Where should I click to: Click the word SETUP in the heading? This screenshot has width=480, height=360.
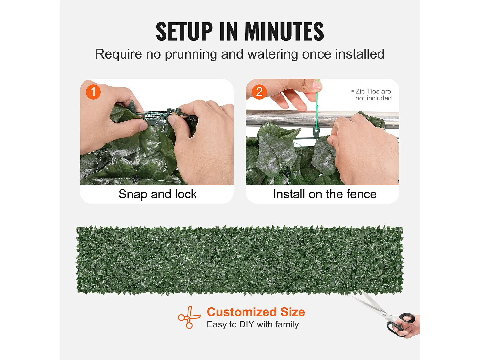[x=184, y=31]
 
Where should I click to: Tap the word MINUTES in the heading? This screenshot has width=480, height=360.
[x=284, y=31]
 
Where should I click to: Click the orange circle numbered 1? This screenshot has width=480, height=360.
[x=93, y=92]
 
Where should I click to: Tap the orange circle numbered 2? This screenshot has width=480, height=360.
[x=259, y=92]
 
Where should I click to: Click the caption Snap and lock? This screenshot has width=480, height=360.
[x=157, y=194]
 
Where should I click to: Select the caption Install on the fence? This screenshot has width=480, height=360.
[x=325, y=194]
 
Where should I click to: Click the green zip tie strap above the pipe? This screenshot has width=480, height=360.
[x=317, y=96]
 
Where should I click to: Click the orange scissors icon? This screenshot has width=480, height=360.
[x=189, y=317]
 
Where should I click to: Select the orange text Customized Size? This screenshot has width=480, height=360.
[x=256, y=312]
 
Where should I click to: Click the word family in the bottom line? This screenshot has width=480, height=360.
[x=287, y=325]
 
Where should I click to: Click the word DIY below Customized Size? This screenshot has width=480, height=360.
[x=247, y=324]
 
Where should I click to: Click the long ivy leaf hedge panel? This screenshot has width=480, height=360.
[x=240, y=260]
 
